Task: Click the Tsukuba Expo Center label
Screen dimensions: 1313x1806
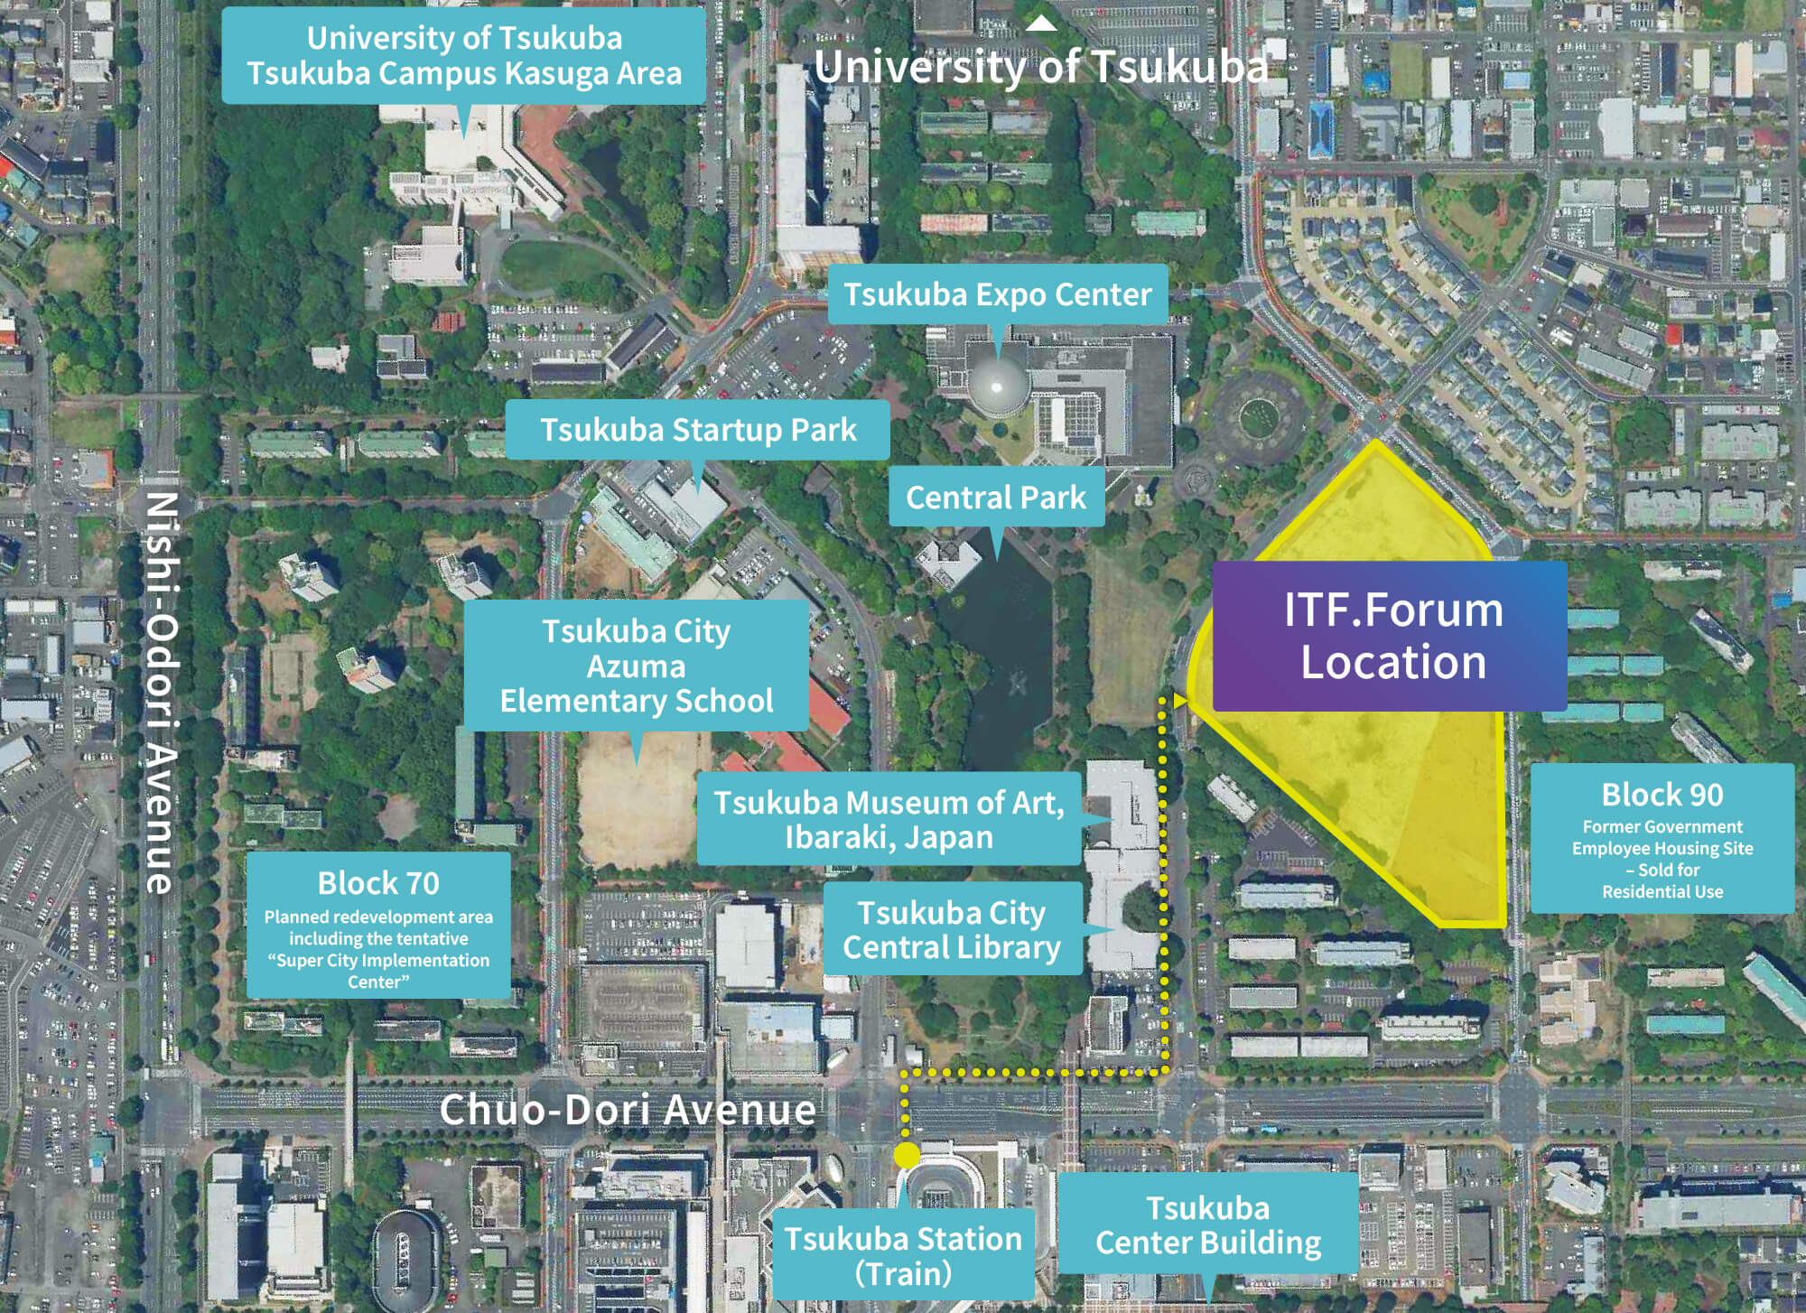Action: [997, 294]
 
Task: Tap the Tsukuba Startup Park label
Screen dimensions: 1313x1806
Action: [697, 430]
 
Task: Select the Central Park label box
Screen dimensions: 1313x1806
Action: [996, 497]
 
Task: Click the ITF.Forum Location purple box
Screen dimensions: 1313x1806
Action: [1392, 636]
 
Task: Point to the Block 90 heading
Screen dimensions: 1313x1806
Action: [1662, 795]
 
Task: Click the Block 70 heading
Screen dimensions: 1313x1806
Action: [378, 882]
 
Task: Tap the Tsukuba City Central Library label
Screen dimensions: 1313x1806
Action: [952, 929]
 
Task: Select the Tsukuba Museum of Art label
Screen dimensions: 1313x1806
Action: [889, 819]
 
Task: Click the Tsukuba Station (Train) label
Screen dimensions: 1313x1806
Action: [902, 1254]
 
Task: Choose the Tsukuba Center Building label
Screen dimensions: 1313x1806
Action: [1208, 1225]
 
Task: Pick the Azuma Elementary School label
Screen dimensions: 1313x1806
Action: [636, 666]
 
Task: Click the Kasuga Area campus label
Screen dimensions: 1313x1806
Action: [464, 56]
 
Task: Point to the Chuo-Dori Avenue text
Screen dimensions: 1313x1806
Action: [627, 1109]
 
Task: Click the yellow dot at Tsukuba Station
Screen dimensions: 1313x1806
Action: [906, 1155]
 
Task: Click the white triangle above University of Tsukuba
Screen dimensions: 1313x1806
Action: [1041, 23]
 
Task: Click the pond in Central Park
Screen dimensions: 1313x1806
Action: [1002, 668]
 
